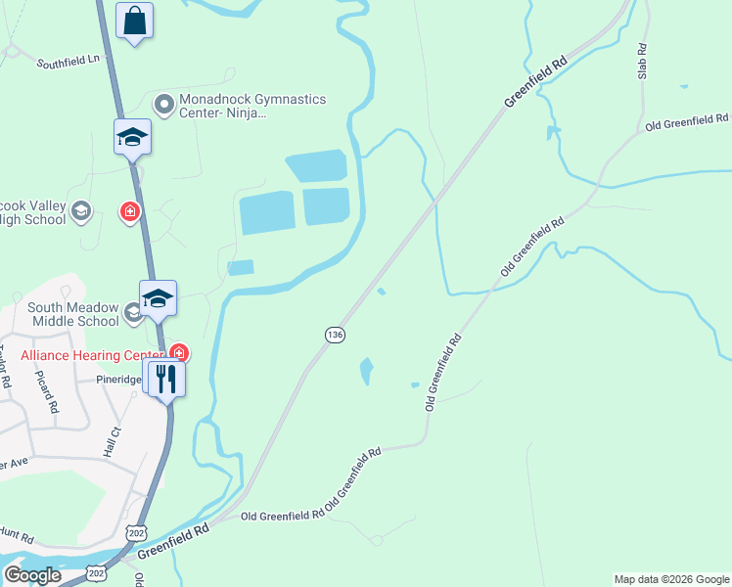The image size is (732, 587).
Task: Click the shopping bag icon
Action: click(x=134, y=21)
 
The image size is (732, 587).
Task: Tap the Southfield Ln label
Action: click(x=69, y=62)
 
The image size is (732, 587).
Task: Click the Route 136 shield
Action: click(x=335, y=335)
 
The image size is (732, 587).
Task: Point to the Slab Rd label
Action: click(x=643, y=61)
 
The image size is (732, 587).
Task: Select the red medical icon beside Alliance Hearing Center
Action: click(x=178, y=352)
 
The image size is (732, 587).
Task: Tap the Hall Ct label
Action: click(x=111, y=442)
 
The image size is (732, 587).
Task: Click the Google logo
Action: click(x=32, y=574)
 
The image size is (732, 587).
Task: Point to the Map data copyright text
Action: click(x=671, y=579)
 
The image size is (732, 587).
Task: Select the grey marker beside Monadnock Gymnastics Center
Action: click(x=163, y=102)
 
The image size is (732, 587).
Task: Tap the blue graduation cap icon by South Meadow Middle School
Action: click(x=157, y=298)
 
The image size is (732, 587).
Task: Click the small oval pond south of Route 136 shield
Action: click(x=366, y=371)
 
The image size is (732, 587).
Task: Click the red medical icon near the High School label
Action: click(x=129, y=211)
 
